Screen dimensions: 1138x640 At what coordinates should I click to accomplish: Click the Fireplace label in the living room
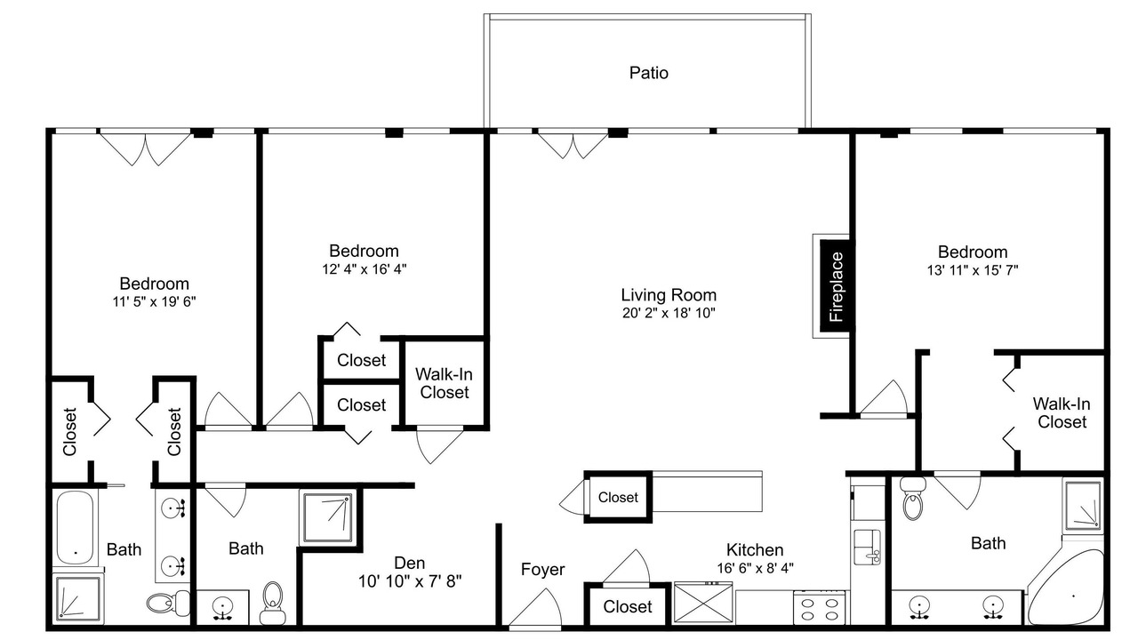(836, 287)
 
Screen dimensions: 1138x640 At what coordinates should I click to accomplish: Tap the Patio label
(648, 73)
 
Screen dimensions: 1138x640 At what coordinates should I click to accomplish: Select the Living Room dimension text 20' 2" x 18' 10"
(669, 313)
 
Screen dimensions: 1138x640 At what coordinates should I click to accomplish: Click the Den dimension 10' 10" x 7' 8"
(410, 581)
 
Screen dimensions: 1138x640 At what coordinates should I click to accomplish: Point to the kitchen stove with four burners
(819, 607)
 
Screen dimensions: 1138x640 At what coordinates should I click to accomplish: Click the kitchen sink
(867, 547)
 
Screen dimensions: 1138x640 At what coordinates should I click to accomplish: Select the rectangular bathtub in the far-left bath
(76, 527)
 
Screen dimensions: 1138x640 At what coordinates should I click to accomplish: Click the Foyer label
(542, 570)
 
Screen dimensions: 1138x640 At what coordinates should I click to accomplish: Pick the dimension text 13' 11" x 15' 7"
(973, 270)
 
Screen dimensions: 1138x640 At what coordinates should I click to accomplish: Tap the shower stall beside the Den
(328, 517)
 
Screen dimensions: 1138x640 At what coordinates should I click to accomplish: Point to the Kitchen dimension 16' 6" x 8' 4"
(755, 568)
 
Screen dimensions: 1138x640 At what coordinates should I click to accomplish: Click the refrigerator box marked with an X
(703, 604)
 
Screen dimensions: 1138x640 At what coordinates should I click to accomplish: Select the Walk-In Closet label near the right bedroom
(1062, 413)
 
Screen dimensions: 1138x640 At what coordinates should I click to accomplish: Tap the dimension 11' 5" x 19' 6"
(154, 302)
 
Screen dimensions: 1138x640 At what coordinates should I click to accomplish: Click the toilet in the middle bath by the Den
(273, 603)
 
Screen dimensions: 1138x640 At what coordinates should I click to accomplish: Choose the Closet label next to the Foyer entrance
(628, 606)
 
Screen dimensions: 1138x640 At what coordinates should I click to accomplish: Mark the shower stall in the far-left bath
(78, 598)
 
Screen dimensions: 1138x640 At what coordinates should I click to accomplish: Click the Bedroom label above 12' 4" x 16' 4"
(364, 251)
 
